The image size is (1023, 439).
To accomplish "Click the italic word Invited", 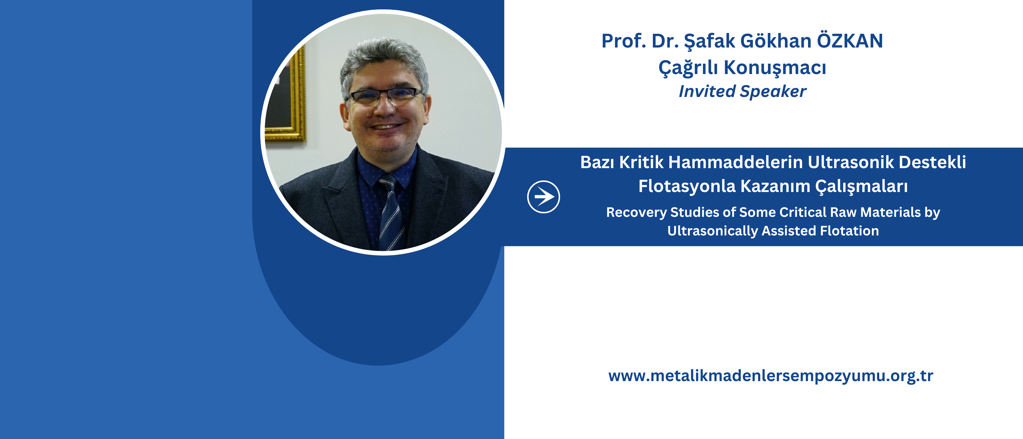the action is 707,91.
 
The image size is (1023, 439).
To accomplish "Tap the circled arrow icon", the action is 543,197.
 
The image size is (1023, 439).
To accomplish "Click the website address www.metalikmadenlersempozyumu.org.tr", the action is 770,376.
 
